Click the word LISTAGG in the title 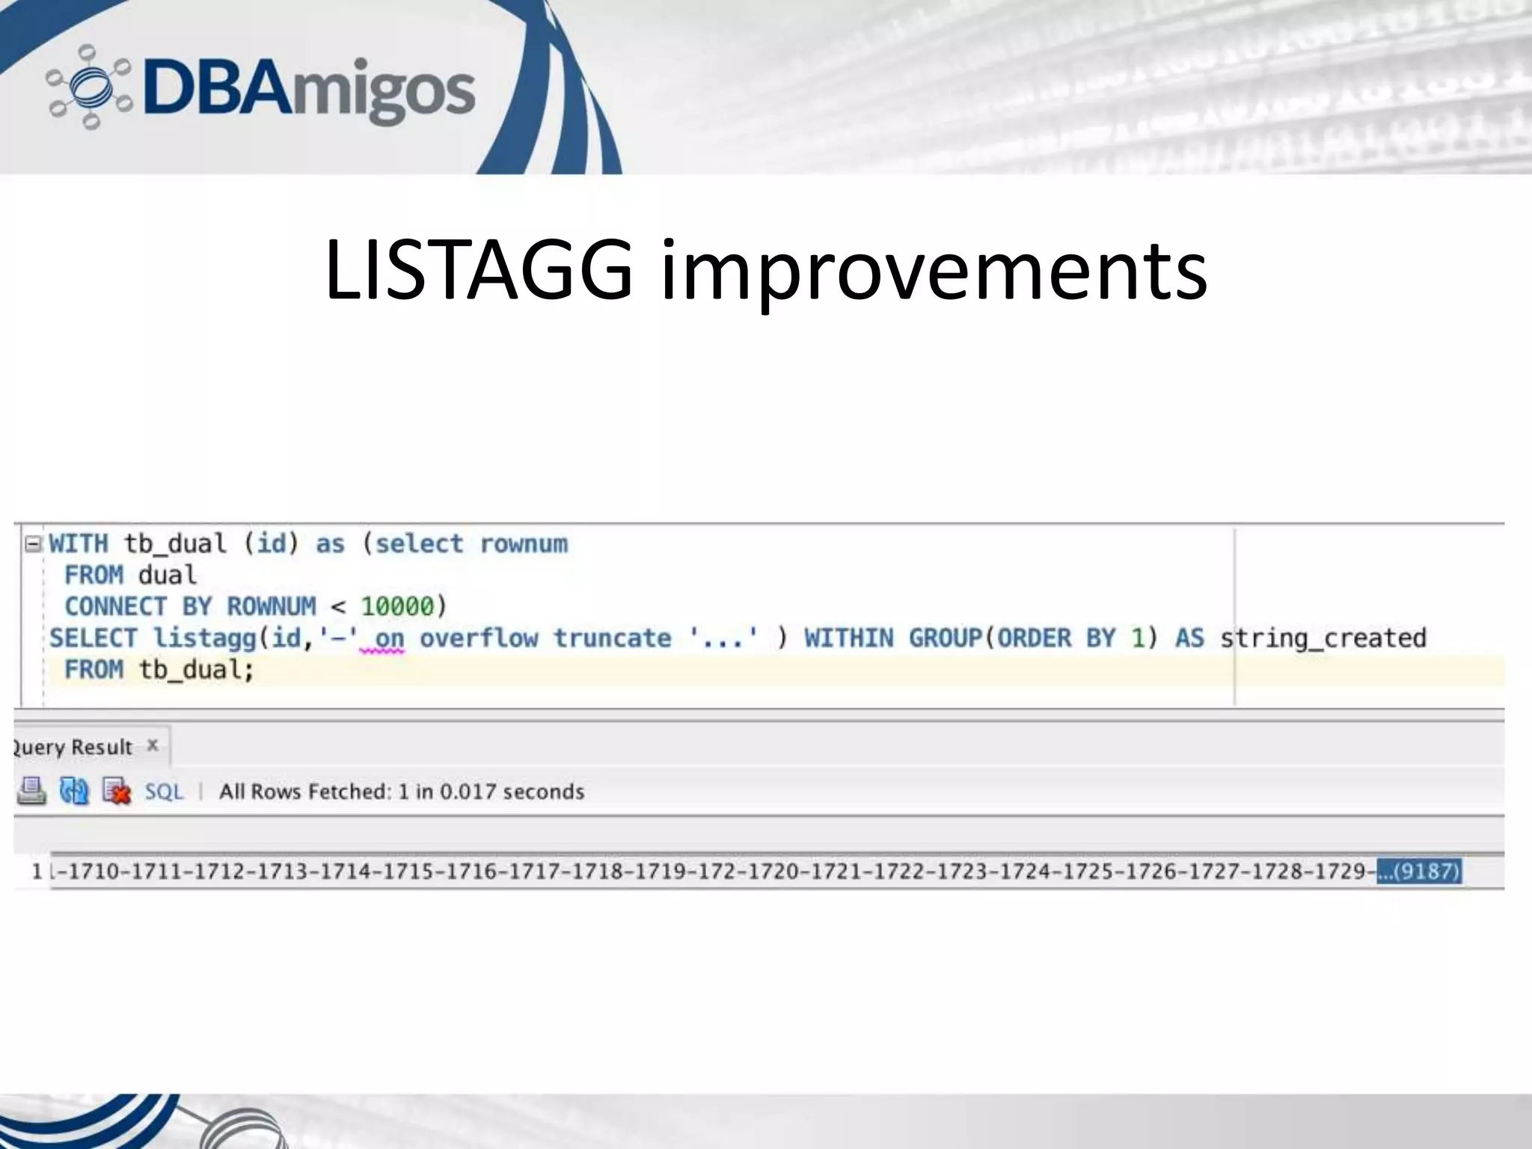[479, 270]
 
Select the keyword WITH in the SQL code [79, 544]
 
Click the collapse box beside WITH [33, 544]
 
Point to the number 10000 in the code [397, 607]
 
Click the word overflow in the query [479, 638]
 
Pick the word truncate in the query [612, 638]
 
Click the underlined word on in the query [389, 639]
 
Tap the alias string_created [1323, 638]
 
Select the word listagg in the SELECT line [205, 638]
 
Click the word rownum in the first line [524, 544]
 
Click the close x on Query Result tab [153, 745]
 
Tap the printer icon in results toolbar [31, 791]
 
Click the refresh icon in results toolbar [74, 791]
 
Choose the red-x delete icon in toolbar [117, 791]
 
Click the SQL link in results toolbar [164, 791]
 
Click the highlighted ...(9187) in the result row [1419, 871]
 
